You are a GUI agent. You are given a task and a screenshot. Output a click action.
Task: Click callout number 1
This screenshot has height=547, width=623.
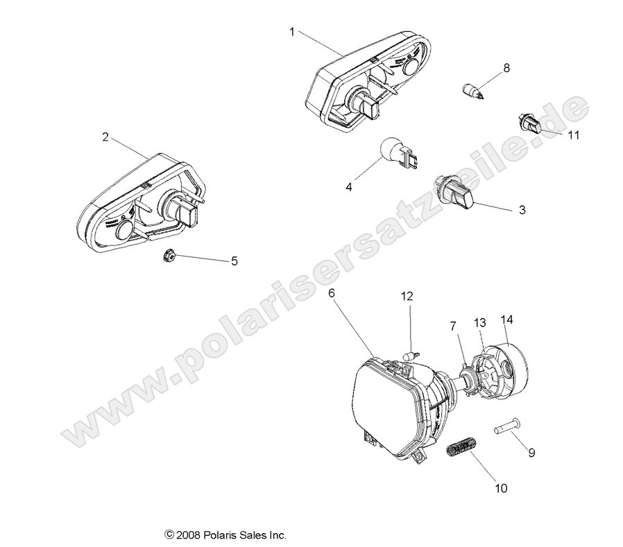click(x=292, y=31)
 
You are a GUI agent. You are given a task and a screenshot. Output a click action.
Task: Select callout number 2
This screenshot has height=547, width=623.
click(x=105, y=137)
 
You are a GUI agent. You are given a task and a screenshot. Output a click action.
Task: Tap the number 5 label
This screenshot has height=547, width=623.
click(x=234, y=261)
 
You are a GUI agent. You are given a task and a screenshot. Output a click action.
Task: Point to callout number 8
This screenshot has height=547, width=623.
click(x=506, y=68)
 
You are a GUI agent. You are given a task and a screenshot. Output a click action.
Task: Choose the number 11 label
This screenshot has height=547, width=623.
click(x=573, y=136)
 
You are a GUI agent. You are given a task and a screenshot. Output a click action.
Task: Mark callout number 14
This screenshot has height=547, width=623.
click(x=506, y=300)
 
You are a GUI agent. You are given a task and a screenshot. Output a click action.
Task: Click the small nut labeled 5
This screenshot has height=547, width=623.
click(x=167, y=257)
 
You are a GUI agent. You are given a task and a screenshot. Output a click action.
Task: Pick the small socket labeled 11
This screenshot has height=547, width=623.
click(x=529, y=123)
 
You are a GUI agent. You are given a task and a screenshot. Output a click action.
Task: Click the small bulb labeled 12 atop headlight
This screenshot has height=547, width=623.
click(x=410, y=356)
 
